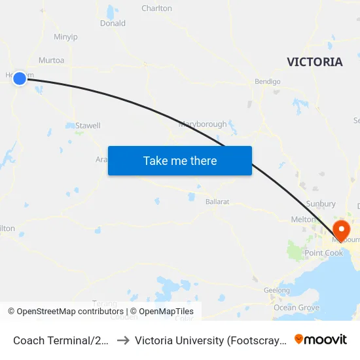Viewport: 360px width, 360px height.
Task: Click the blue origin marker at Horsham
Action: coord(20,78)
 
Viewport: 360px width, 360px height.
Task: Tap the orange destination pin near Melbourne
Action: coord(342,230)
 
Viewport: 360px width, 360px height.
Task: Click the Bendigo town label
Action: coord(267,82)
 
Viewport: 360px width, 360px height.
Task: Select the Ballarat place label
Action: coord(217,202)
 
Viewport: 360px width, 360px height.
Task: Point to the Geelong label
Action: coord(276,290)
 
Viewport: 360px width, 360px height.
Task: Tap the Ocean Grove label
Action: coord(297,308)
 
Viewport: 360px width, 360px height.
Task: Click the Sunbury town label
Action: coord(321,204)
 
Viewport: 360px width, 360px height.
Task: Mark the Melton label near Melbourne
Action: coord(303,220)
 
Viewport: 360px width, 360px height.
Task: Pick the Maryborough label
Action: coord(203,124)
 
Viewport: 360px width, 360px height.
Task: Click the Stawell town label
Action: coord(88,125)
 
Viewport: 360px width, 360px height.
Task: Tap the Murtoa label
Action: coord(52,60)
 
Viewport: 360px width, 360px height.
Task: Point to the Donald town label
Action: coord(113,24)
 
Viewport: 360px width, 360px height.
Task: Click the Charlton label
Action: coord(157,9)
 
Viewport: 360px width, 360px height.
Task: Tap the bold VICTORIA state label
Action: coord(314,62)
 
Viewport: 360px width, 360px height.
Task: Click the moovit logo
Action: coord(321,340)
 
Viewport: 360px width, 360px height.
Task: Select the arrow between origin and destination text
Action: coord(122,340)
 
